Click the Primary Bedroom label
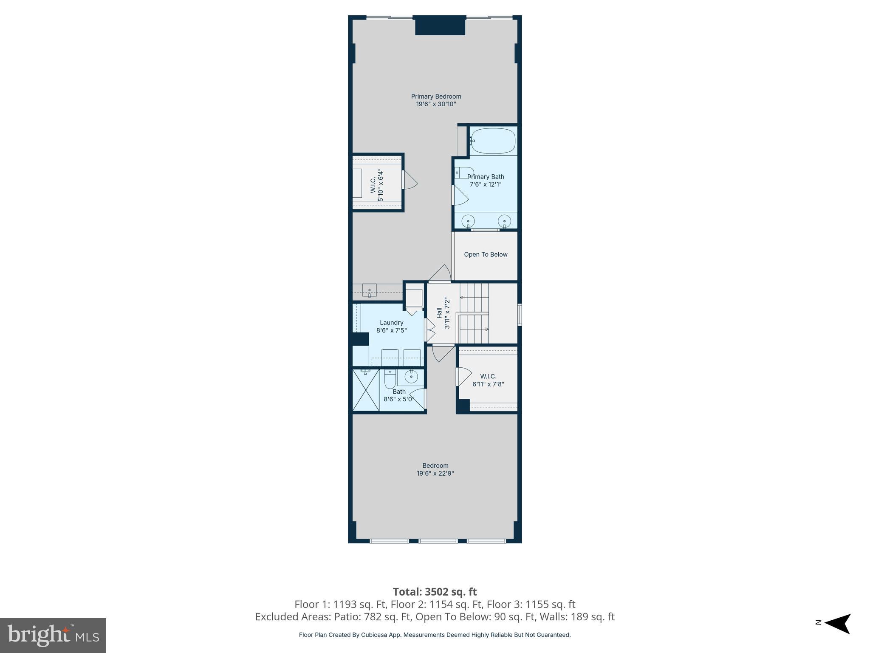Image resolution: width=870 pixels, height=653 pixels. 436,97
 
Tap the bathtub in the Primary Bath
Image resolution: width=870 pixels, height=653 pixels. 493,141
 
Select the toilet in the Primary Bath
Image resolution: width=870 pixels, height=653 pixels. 464,173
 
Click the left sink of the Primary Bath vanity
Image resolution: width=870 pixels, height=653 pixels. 468,221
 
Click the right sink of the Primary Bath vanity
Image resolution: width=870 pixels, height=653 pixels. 504,221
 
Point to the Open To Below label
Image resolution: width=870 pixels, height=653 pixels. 486,255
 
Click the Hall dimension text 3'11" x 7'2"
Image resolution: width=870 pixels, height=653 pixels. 447,313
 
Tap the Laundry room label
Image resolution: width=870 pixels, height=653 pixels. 391,323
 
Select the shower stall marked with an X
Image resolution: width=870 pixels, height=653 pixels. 366,390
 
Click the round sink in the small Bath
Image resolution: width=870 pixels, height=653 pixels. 411,376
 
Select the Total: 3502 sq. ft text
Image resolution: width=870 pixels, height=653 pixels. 435,592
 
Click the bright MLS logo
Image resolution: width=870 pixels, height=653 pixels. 53,635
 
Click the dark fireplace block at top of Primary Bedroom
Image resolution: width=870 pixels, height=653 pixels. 440,26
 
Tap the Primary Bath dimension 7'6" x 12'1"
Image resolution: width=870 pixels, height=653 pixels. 486,185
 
